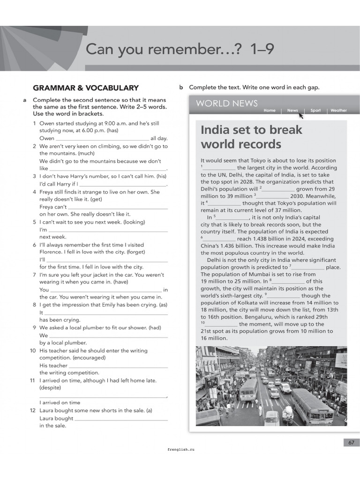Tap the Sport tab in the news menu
315,111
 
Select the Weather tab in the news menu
338,111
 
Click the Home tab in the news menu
270,111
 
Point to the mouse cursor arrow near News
300,115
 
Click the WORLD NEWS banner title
227,104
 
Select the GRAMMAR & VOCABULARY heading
86,88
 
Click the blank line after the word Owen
102,139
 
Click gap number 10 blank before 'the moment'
221,325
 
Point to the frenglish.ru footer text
180,449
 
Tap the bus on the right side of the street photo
311,406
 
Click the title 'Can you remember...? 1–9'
180,49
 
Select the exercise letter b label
181,87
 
